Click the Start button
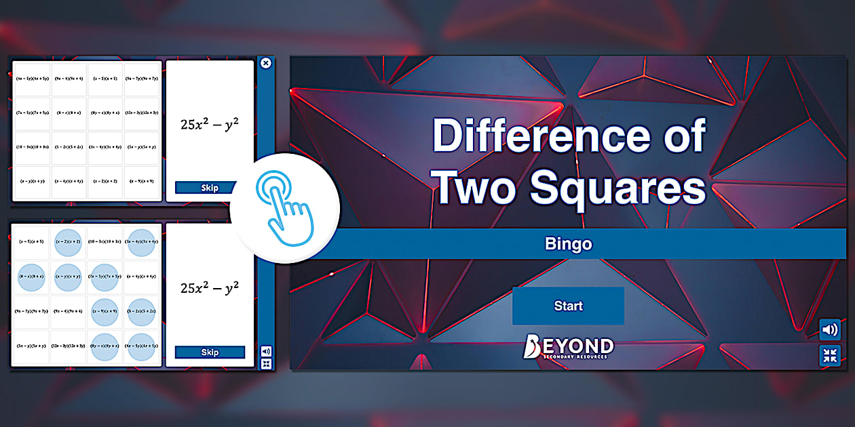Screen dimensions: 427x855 (568, 306)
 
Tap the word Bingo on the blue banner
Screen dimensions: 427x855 (568, 244)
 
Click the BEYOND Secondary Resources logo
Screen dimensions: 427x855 (568, 347)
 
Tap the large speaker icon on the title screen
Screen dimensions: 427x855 (829, 330)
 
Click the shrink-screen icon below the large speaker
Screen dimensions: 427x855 (829, 355)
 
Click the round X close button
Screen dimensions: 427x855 (266, 63)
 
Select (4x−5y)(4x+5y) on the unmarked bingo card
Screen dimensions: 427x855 (32, 79)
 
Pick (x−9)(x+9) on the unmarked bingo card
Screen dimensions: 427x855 (143, 181)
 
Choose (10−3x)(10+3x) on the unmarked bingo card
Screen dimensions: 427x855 (32, 147)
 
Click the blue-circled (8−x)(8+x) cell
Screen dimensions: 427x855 (32, 277)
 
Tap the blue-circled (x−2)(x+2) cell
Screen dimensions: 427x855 (69, 241)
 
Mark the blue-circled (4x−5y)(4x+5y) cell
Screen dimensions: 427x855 (142, 346)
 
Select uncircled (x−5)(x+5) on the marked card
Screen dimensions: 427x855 (32, 241)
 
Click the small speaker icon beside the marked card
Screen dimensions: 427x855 (266, 351)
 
